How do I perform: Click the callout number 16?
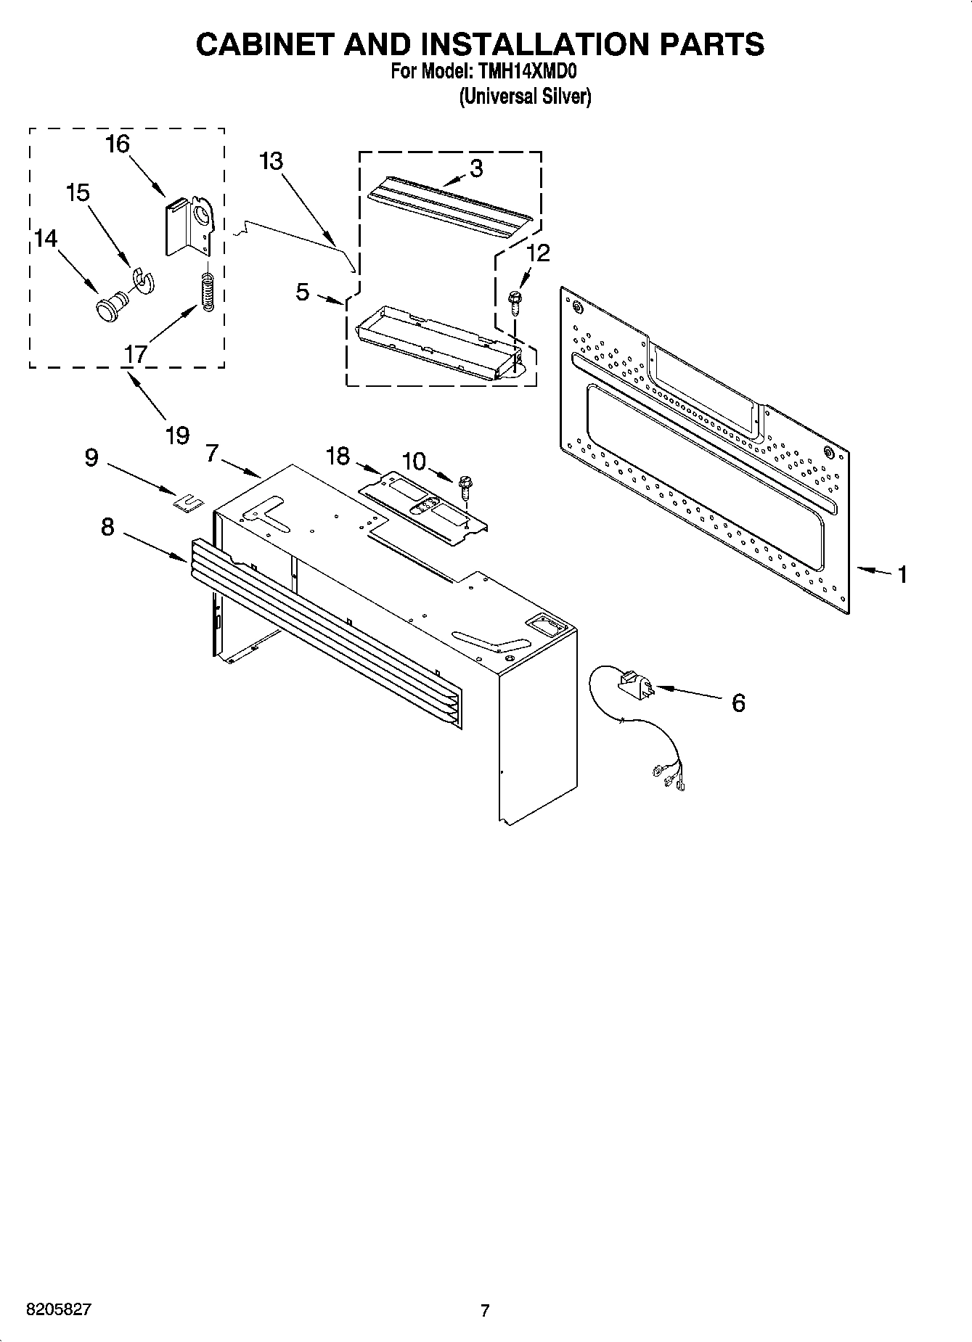117,144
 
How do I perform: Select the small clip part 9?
189,502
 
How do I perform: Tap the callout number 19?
177,435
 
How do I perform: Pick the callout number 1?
902,575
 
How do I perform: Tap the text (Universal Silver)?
525,97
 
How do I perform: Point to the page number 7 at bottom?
485,1311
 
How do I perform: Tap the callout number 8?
107,526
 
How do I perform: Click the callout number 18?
338,457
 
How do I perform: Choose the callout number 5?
303,292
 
